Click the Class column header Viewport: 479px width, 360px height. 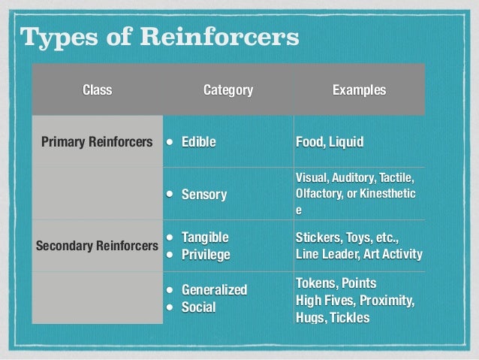(97, 91)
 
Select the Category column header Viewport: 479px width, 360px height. (228, 91)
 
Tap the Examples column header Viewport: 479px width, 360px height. (360, 91)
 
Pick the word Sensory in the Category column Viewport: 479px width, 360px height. (204, 195)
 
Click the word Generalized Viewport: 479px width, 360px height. (215, 290)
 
